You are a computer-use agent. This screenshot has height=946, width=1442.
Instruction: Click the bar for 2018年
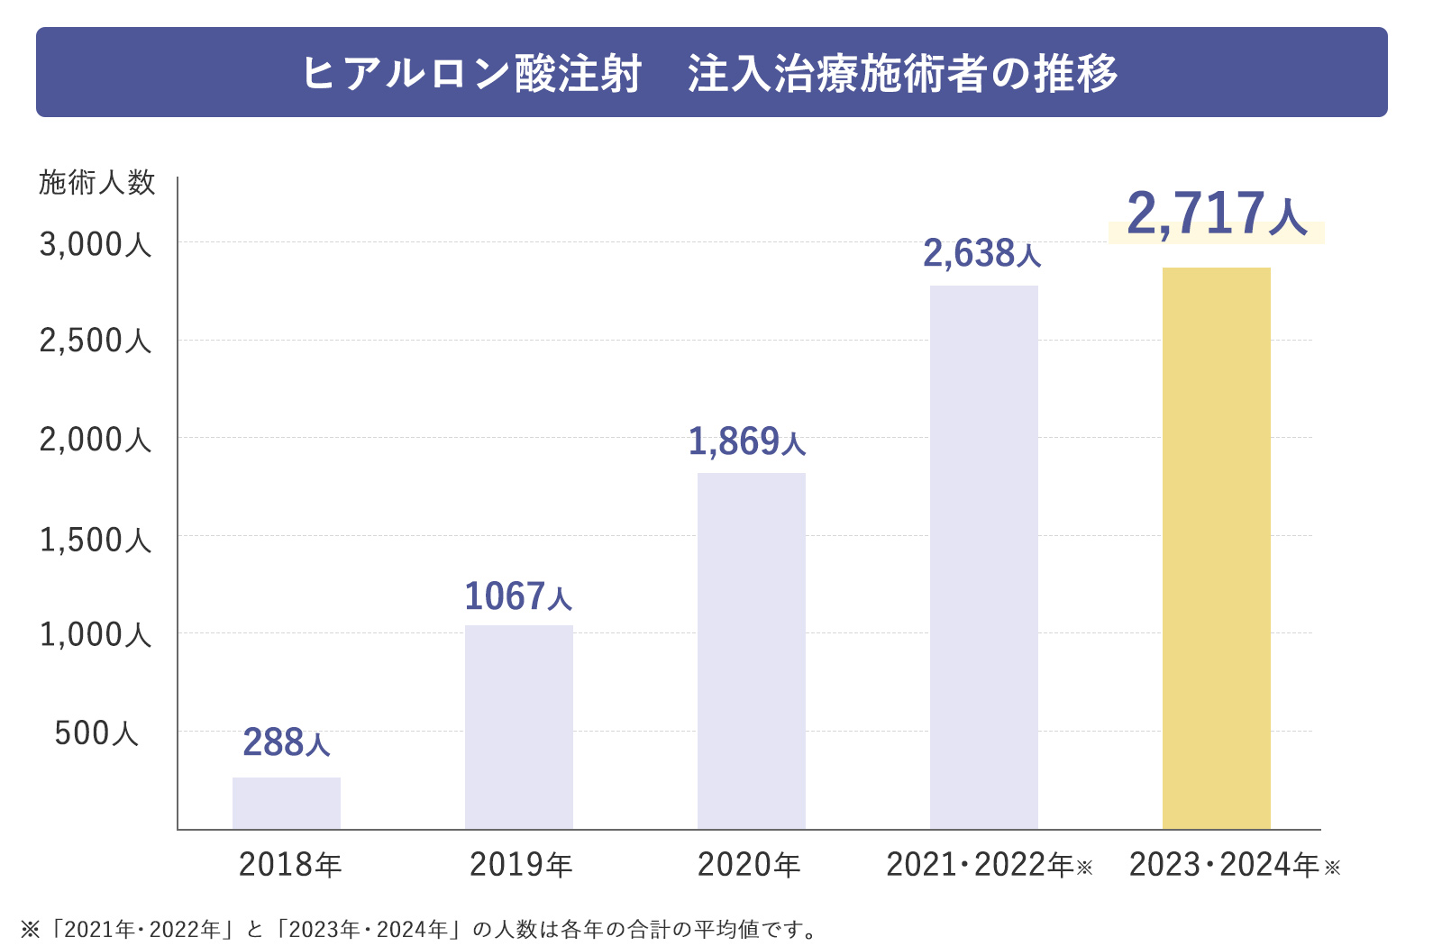tap(287, 803)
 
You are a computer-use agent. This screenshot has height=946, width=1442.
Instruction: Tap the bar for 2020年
tap(752, 650)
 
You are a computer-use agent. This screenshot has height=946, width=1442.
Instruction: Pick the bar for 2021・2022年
tap(984, 557)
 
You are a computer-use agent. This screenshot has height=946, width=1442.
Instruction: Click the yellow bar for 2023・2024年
tap(1217, 548)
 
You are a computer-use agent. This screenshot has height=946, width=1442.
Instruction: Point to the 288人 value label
tap(287, 743)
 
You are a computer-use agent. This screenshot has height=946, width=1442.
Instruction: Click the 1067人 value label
tap(518, 596)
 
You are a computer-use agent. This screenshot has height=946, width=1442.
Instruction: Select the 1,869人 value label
tap(747, 441)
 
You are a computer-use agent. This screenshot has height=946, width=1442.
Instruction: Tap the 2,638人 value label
tap(982, 254)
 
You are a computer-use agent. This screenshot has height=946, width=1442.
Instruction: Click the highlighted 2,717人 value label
tap(1217, 215)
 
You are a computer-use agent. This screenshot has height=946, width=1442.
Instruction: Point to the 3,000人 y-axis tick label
tap(96, 245)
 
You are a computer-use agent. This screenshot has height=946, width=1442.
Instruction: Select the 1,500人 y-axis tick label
tap(96, 541)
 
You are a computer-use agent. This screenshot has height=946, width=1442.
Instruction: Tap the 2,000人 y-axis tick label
tap(96, 441)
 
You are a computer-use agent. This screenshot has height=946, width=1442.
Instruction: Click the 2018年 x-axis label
tap(290, 865)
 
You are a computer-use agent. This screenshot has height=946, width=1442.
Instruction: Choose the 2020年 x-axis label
tap(749, 865)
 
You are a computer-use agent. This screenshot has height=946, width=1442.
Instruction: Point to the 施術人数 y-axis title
tap(97, 183)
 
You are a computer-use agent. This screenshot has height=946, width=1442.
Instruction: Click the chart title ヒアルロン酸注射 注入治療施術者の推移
tap(710, 73)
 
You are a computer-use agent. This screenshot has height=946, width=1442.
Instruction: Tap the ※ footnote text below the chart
tap(419, 929)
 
